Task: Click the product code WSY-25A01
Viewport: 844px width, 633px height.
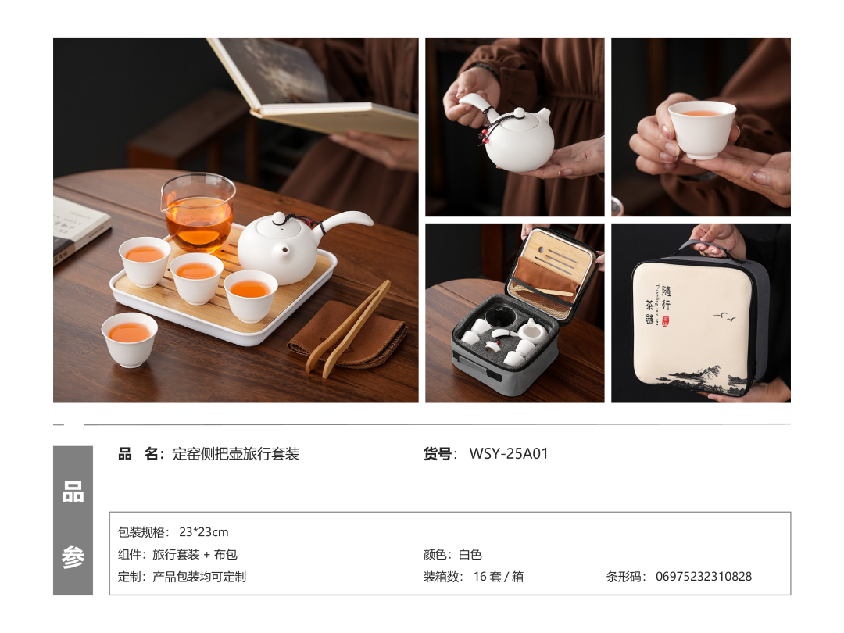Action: point(509,454)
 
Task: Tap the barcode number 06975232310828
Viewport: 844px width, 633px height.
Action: point(703,577)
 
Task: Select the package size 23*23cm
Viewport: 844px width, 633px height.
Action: point(203,532)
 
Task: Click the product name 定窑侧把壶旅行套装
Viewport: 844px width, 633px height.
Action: point(236,454)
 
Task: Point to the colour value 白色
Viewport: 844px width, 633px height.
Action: point(470,554)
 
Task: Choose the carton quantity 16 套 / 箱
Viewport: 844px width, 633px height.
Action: point(499,577)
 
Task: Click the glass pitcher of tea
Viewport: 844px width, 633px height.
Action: point(198,213)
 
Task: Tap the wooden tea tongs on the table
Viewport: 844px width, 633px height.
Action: point(348,328)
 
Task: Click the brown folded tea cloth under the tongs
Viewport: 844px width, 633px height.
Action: point(347,336)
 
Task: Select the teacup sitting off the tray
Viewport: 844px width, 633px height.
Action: point(129,340)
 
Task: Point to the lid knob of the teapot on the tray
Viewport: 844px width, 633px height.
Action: point(278,219)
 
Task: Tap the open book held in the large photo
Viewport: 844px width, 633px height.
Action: point(312,86)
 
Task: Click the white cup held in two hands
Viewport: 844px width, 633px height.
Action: point(702,130)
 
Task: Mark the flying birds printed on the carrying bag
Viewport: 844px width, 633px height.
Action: point(724,317)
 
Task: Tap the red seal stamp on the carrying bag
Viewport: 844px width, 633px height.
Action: point(666,321)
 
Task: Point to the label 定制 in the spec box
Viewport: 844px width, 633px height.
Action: point(129,577)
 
